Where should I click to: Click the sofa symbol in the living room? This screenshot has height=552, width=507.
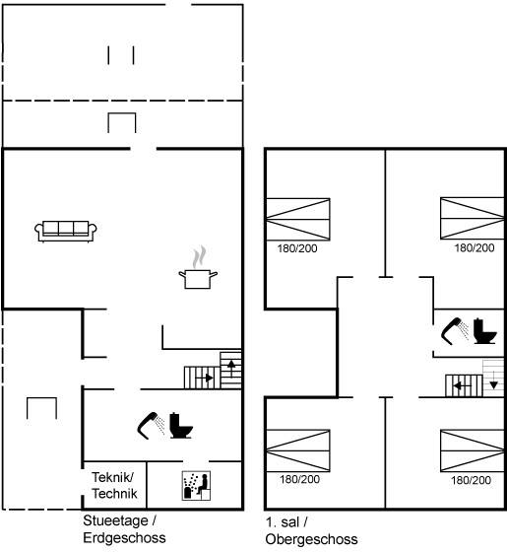click(66, 232)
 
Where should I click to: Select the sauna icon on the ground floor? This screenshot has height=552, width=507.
click(196, 486)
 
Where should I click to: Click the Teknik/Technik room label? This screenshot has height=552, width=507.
click(114, 485)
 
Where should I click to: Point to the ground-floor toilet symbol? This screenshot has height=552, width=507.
click(181, 426)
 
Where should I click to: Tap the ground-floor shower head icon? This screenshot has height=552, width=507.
click(151, 425)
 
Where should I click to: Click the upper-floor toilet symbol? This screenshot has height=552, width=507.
click(484, 331)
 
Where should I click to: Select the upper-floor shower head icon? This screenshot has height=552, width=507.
click(455, 331)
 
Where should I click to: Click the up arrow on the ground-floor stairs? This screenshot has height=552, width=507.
click(231, 369)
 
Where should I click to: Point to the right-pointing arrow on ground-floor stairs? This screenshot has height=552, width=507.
click(205, 379)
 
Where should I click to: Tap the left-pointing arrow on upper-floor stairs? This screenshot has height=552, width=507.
click(462, 386)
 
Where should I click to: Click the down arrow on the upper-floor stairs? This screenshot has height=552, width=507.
click(493, 379)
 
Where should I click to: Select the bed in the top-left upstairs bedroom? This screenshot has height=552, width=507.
click(297, 219)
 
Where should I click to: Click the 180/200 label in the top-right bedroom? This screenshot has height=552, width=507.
click(475, 248)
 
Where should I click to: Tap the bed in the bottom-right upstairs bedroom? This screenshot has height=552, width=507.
click(473, 450)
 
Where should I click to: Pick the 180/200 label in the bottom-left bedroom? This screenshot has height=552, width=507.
click(299, 479)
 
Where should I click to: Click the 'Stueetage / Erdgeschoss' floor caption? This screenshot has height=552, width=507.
click(124, 529)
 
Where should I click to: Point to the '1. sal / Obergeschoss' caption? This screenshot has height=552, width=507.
click(311, 530)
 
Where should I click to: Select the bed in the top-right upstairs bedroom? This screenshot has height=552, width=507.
click(473, 218)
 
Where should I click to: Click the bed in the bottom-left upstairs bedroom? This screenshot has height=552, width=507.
click(297, 450)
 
